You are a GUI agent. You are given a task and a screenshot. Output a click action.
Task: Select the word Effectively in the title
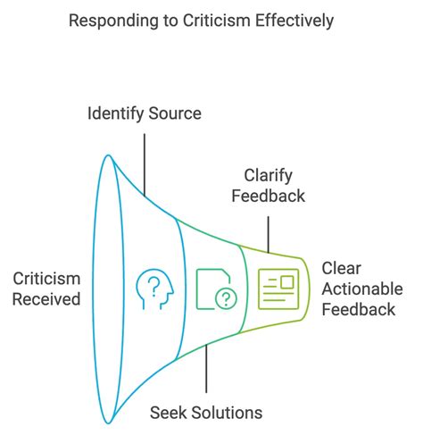pos(314,20)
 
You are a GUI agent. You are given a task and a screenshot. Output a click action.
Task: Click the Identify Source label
pos(143,114)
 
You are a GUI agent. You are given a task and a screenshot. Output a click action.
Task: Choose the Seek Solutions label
pos(206,412)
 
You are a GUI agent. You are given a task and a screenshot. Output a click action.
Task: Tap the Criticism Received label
pos(46,289)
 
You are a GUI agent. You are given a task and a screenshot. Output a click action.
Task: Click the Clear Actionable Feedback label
pos(361,289)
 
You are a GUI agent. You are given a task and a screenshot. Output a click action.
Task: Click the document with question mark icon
pos(217,289)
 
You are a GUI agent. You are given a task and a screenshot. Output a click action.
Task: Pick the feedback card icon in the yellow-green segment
pos(277,289)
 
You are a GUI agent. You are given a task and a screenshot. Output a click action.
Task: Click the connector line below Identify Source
pos(143,161)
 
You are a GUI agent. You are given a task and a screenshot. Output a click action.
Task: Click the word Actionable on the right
pos(361,289)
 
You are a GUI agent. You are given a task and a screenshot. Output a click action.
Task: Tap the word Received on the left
pos(46,299)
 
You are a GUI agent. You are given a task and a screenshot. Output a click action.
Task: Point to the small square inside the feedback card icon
pos(286,282)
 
